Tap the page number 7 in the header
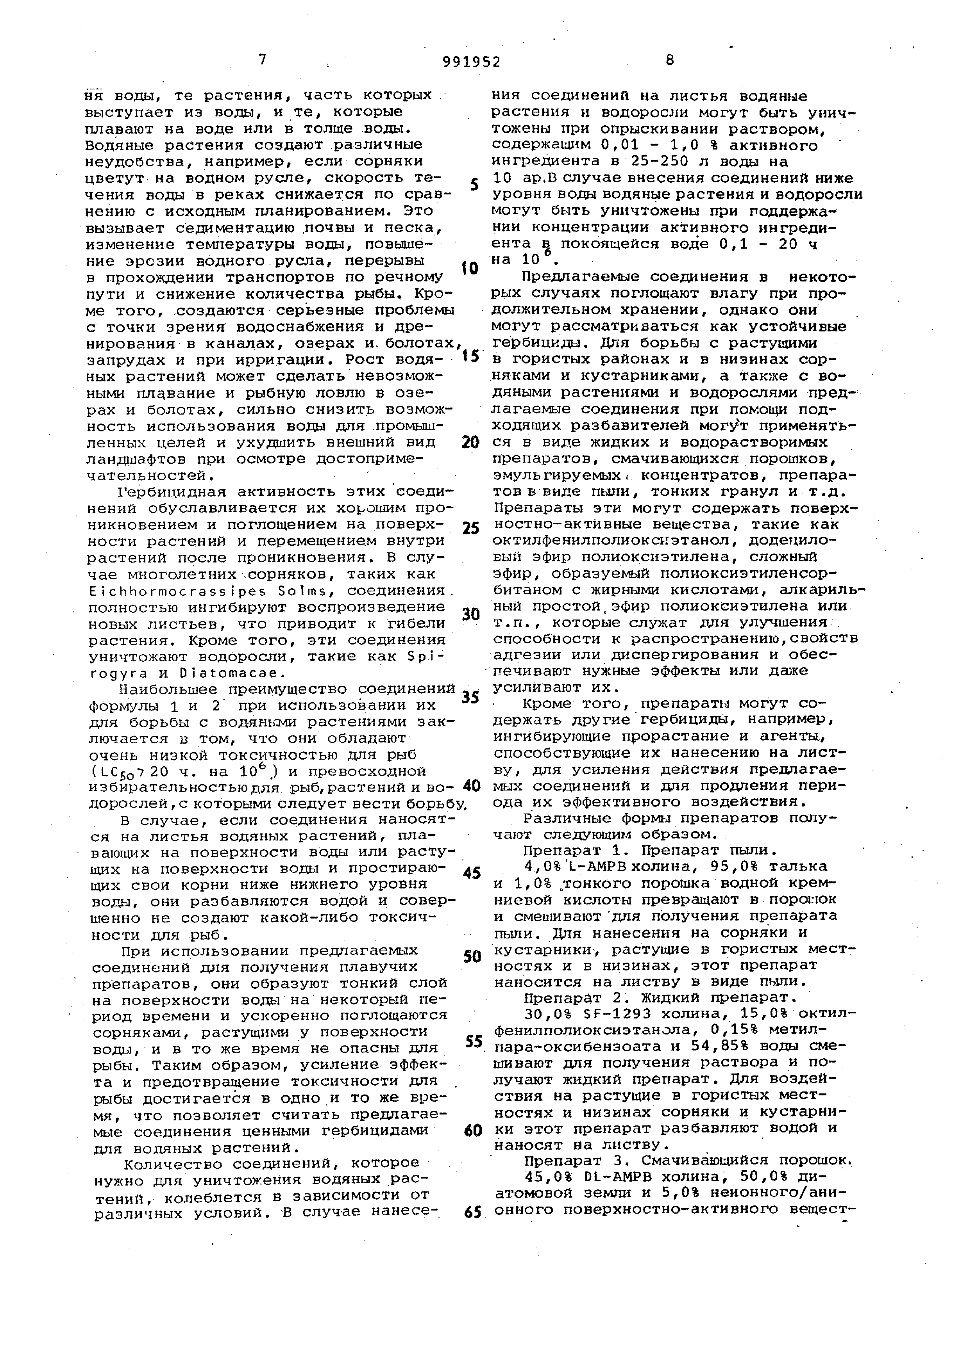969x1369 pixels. [x=263, y=59]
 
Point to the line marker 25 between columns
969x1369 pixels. [x=471, y=528]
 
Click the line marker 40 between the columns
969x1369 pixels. [x=471, y=786]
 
